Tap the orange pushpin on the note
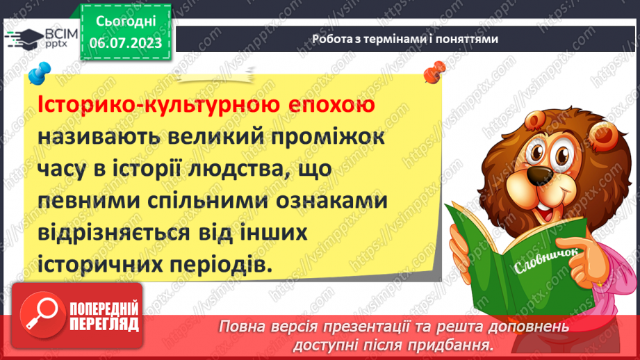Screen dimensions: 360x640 (x=435, y=70)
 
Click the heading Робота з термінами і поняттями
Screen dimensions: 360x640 (x=405, y=39)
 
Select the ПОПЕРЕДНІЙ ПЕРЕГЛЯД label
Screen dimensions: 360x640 (x=103, y=316)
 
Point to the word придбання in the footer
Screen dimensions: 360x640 (x=457, y=345)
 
